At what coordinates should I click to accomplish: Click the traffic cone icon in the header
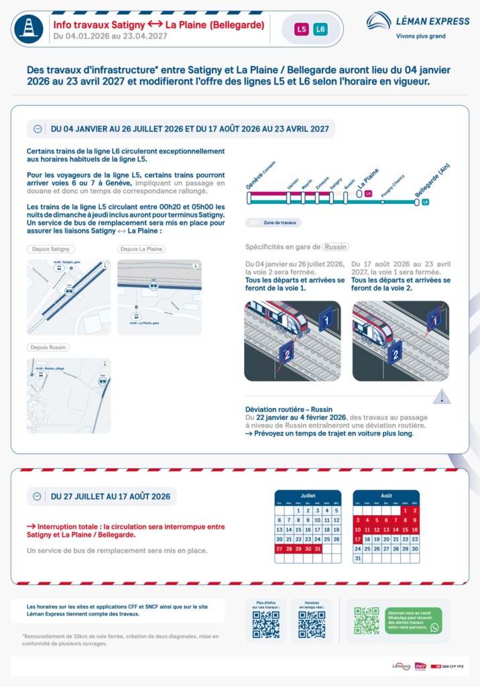pyautogui.click(x=29, y=29)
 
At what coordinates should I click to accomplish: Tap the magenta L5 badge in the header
pyautogui.click(x=302, y=30)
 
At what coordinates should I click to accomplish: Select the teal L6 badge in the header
pyautogui.click(x=320, y=30)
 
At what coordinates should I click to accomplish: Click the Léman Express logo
pyautogui.click(x=418, y=24)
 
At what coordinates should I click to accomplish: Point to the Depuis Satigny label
pyautogui.click(x=51, y=249)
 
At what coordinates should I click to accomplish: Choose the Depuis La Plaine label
pyautogui.click(x=142, y=249)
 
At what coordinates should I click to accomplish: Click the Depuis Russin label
pyautogui.click(x=50, y=348)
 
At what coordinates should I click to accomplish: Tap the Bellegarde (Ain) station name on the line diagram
pyautogui.click(x=432, y=182)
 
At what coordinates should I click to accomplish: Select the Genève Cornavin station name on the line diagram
pyautogui.click(x=259, y=175)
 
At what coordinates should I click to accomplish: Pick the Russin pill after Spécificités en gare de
pyautogui.click(x=335, y=247)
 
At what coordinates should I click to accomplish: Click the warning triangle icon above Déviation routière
pyautogui.click(x=440, y=397)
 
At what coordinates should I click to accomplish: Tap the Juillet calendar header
pyautogui.click(x=308, y=495)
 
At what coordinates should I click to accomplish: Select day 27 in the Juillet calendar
pyautogui.click(x=280, y=549)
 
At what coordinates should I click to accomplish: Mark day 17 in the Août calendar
pyautogui.click(x=358, y=539)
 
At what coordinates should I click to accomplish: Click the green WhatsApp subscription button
pyautogui.click(x=413, y=621)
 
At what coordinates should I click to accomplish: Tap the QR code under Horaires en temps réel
pyautogui.click(x=312, y=625)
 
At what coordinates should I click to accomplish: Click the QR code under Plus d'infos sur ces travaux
pyautogui.click(x=265, y=625)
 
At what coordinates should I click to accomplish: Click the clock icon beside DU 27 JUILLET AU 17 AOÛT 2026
pyautogui.click(x=38, y=496)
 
